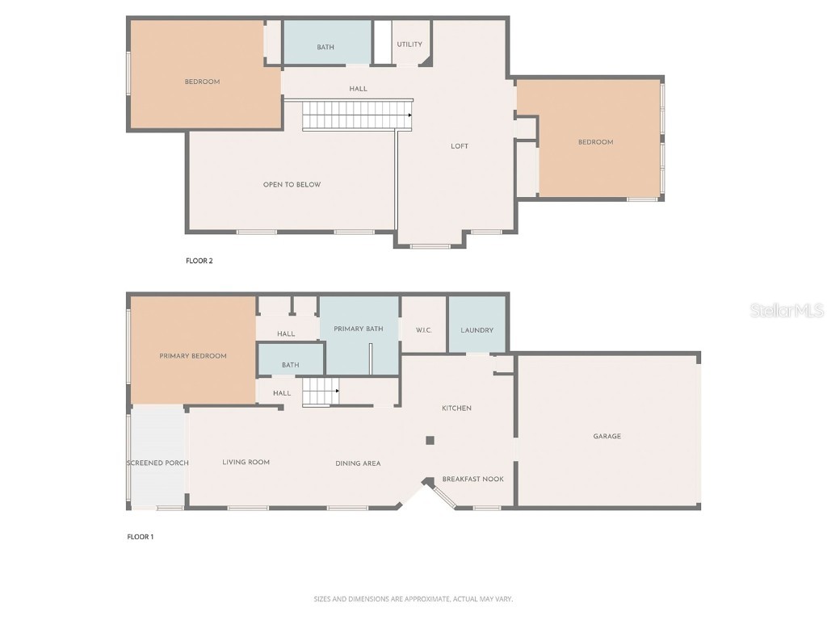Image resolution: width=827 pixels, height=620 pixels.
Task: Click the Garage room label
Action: point(607,436)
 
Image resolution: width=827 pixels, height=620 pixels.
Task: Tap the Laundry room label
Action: point(476,330)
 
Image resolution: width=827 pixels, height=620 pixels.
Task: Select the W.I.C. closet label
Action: point(424,330)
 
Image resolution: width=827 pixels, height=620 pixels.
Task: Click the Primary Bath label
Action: point(359,329)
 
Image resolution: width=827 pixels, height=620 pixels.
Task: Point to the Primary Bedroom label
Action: point(193,356)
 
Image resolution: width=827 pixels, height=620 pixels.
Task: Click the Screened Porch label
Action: point(157,463)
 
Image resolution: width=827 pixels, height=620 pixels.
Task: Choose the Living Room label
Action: point(246,462)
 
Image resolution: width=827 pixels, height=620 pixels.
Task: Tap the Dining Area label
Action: point(358,463)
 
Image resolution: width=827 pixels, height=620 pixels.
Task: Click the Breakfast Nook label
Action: point(472,479)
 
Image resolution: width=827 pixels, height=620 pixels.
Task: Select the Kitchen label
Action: point(456,408)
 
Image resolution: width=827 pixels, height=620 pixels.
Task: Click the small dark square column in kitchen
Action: point(430,440)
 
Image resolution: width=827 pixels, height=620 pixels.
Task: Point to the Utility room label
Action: point(409,44)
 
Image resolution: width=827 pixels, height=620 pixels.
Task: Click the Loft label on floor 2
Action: point(460,146)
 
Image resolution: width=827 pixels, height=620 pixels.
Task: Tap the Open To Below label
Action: point(292,185)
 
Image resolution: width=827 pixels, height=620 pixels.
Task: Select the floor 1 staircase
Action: point(321,394)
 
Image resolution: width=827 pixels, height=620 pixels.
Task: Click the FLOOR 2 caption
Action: point(199,261)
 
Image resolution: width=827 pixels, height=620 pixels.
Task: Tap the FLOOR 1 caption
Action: point(141,537)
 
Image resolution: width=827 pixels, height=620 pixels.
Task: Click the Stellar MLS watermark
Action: point(787,310)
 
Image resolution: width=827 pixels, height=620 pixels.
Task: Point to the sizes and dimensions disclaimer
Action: point(413,599)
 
